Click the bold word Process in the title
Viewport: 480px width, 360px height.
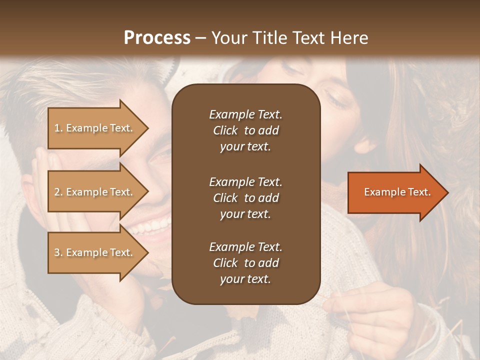(157, 38)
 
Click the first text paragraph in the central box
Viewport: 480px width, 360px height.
(245, 130)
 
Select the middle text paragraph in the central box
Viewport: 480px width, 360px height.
(245, 198)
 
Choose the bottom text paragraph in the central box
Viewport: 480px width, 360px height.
(245, 263)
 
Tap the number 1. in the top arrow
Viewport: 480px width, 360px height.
(58, 128)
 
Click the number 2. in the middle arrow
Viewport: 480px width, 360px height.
(58, 192)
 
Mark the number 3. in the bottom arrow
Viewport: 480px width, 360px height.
(58, 253)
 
